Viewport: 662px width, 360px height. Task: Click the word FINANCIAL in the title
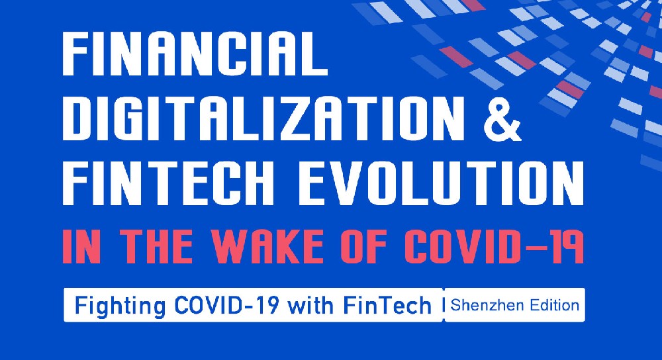point(195,54)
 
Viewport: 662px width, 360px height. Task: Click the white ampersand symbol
point(502,118)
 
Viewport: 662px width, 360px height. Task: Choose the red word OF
point(366,246)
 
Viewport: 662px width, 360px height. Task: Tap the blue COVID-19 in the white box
point(226,305)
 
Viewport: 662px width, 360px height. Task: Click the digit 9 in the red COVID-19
point(569,246)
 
